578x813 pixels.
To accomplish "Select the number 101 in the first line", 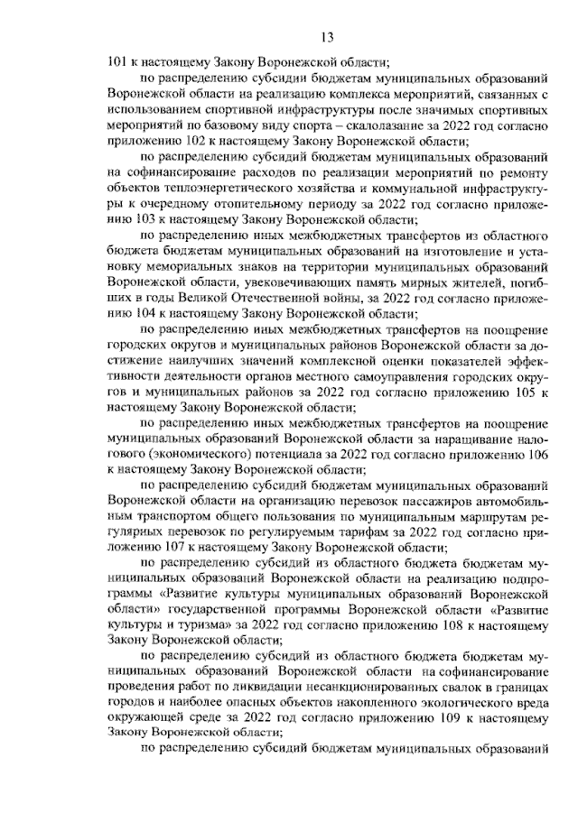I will click(117, 63).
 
